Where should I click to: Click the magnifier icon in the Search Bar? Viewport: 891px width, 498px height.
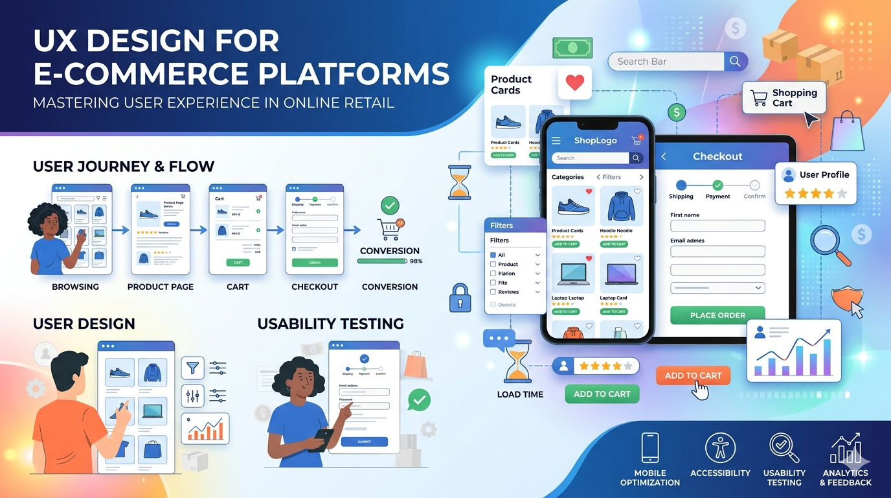735,62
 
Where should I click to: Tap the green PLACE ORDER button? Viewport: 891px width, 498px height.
717,315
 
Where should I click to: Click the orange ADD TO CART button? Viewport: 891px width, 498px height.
693,375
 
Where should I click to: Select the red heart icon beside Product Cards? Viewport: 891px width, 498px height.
574,82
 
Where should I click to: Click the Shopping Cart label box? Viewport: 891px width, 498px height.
784,98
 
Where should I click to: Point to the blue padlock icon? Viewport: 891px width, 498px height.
460,298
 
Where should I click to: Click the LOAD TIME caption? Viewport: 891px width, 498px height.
520,394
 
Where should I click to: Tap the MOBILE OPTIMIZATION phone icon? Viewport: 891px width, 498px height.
649,448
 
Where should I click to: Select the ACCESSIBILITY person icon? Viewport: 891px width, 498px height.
719,448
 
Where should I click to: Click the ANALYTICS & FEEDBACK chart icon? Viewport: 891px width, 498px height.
845,448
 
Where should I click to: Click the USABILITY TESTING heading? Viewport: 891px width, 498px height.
330,324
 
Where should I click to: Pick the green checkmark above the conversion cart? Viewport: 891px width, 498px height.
390,206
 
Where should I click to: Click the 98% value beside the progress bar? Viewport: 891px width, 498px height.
416,261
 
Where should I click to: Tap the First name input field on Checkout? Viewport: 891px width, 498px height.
717,226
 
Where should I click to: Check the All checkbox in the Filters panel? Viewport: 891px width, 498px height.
493,255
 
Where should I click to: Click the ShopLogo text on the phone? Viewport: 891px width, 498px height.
595,141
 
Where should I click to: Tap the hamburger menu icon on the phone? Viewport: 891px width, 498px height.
556,141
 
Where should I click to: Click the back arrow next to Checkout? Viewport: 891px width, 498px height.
664,157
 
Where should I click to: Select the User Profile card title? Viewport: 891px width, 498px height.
824,174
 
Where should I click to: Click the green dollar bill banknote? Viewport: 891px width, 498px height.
572,48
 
